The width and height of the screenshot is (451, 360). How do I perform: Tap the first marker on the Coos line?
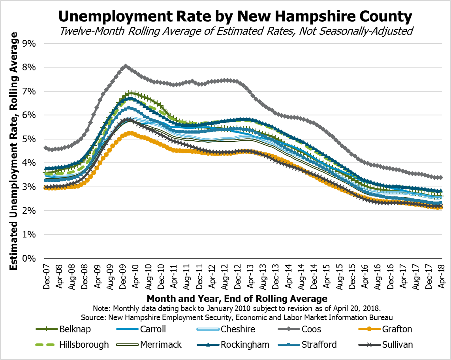tap(46, 148)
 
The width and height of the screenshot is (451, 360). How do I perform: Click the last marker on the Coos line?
tap(441, 177)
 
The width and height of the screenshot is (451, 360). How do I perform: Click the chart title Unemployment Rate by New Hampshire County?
tap(235, 16)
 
